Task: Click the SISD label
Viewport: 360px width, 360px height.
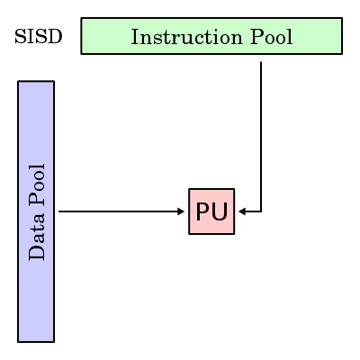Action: point(39,37)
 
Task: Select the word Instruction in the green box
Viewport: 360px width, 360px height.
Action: point(186,37)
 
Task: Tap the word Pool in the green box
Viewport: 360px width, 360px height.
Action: point(271,37)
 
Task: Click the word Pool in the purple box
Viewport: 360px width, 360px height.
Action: point(37,185)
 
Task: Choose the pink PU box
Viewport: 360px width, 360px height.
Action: point(211,211)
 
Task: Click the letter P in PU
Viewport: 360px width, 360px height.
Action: point(203,211)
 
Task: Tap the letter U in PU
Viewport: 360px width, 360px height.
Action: point(220,211)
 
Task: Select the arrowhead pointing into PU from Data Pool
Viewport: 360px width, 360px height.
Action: point(181,211)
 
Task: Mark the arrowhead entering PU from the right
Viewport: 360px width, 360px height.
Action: point(242,211)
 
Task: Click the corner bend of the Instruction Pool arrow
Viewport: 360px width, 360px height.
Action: point(261,211)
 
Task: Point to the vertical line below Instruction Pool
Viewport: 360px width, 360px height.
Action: point(261,137)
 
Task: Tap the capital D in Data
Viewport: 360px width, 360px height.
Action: point(37,253)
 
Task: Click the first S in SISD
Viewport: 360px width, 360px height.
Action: point(20,37)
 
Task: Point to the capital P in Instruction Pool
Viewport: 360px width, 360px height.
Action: point(256,37)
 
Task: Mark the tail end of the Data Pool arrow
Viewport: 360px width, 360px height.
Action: point(58,211)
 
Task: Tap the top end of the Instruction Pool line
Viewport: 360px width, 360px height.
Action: point(261,62)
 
